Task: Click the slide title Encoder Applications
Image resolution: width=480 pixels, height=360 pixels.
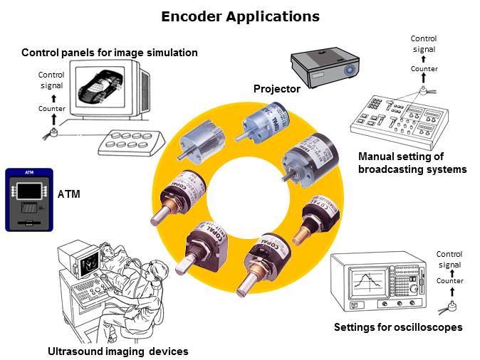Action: pyautogui.click(x=240, y=16)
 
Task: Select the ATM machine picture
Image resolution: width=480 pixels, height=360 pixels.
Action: pyautogui.click(x=28, y=199)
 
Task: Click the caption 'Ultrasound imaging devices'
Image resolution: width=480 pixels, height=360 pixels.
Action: pyautogui.click(x=118, y=351)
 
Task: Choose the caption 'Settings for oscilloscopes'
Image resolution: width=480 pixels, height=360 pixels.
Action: pyautogui.click(x=398, y=327)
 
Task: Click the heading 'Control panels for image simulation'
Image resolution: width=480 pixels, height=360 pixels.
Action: pyautogui.click(x=110, y=53)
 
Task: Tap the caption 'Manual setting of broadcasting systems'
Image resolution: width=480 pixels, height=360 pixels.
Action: pyautogui.click(x=412, y=163)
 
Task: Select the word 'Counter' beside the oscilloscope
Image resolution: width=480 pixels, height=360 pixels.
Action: pyautogui.click(x=449, y=281)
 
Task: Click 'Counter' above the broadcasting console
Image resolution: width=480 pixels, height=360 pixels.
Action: pyautogui.click(x=424, y=68)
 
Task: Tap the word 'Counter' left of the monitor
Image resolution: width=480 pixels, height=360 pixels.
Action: pyautogui.click(x=52, y=108)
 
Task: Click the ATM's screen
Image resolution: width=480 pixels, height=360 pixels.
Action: pyautogui.click(x=28, y=190)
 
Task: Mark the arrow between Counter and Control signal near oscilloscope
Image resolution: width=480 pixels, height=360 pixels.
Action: pyautogui.click(x=449, y=272)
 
